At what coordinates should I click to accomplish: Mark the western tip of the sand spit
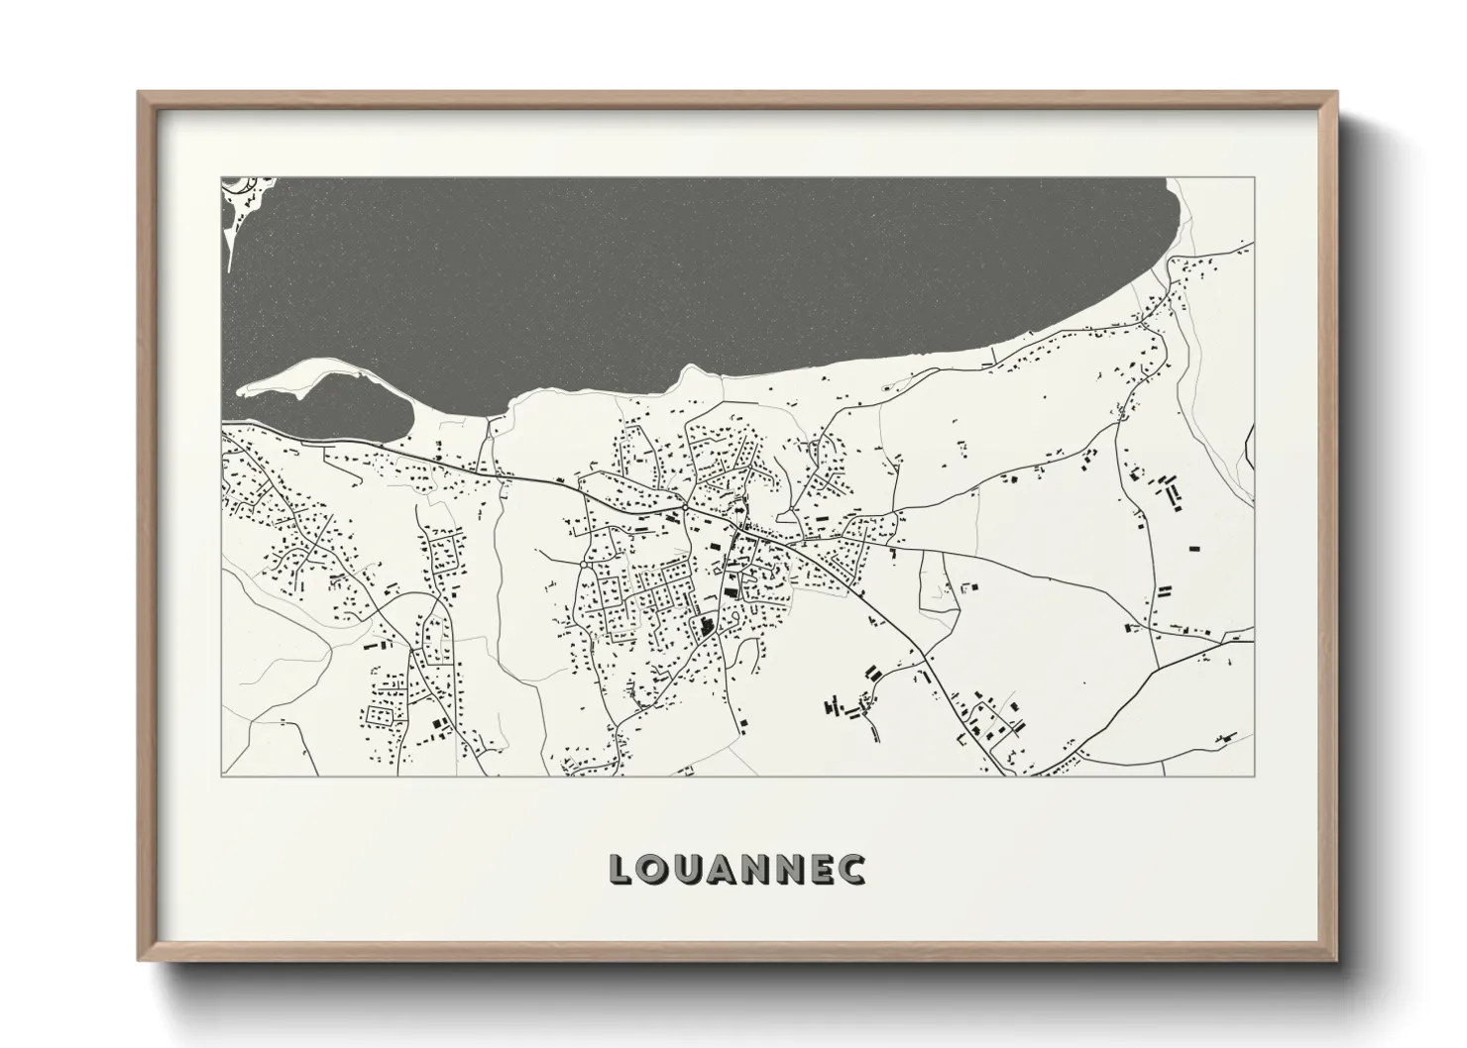(x=241, y=389)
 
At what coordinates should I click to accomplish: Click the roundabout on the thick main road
(x=685, y=509)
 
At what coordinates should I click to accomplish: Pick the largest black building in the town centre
(x=707, y=626)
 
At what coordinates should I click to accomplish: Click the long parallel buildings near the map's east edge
(x=1173, y=492)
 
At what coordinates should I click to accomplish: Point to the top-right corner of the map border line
(x=1254, y=177)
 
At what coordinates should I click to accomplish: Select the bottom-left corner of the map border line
(x=220, y=777)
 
